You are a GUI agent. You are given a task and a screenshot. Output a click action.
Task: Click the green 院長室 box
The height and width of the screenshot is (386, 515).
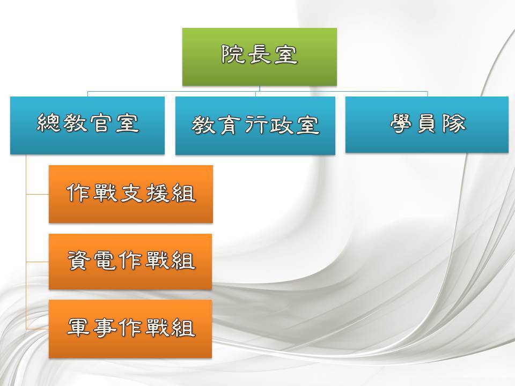tap(260, 57)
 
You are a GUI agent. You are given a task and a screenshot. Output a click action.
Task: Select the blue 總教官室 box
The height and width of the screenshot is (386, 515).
tap(87, 125)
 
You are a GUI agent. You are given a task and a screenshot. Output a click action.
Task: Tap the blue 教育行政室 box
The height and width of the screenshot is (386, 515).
tap(255, 125)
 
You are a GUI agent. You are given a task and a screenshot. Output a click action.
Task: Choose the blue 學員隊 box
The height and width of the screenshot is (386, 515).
tap(427, 124)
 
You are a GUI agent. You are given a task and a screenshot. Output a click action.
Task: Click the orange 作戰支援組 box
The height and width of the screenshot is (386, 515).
tap(131, 194)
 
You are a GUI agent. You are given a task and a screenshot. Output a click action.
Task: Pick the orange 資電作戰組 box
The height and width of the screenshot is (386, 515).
tap(130, 262)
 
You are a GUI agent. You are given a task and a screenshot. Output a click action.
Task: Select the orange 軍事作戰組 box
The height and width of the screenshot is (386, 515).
tap(130, 329)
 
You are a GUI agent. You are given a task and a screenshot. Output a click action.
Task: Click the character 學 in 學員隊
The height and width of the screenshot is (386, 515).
tap(402, 123)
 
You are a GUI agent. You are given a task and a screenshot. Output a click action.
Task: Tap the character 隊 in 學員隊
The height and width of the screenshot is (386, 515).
tap(454, 123)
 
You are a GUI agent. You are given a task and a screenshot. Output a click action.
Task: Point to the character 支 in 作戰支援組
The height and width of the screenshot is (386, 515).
tap(131, 192)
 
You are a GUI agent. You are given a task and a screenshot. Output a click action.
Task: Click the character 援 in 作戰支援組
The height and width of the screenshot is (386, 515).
tap(157, 192)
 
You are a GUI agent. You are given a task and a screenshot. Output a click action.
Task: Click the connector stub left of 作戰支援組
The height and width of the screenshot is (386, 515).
tap(38, 194)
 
